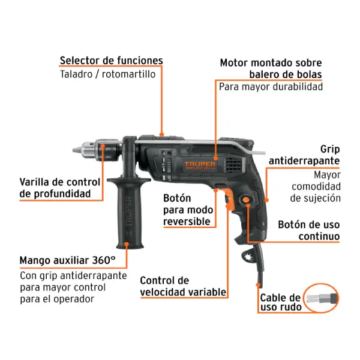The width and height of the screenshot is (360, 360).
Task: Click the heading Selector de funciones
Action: tap(112, 61)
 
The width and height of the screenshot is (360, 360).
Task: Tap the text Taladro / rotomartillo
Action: tap(107, 74)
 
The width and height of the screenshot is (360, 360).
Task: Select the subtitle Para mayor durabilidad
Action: tap(271, 87)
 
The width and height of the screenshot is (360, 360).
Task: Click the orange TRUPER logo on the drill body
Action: tap(200, 166)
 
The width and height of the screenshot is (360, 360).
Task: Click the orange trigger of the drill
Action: tap(230, 199)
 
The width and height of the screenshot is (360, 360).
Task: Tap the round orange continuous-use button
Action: tap(246, 200)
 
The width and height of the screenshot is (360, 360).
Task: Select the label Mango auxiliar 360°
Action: tap(67, 260)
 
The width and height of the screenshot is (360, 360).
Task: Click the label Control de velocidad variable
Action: tap(183, 286)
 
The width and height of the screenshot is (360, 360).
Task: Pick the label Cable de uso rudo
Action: tap(281, 302)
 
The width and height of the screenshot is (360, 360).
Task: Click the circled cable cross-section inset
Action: tap(321, 298)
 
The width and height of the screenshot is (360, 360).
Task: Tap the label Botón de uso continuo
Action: tap(309, 230)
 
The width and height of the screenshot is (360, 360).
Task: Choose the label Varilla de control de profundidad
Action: tap(59, 188)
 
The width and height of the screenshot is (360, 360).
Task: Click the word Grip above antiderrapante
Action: tap(330, 149)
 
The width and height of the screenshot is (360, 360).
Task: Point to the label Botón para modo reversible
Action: tap(188, 210)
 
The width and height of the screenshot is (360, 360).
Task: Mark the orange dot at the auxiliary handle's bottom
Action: tap(127, 244)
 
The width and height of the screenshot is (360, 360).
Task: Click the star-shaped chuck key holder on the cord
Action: tap(248, 256)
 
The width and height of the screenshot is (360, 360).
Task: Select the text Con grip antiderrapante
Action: tap(73, 276)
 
